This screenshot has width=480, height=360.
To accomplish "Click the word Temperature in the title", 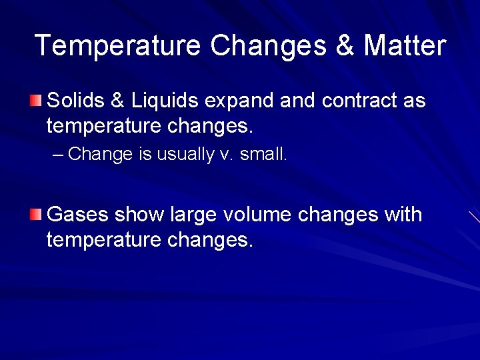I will click(x=117, y=45).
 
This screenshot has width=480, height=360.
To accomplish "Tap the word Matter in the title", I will click(x=405, y=45).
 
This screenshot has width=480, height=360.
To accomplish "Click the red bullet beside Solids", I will click(x=36, y=101).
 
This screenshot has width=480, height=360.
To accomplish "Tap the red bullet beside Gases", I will click(x=36, y=214).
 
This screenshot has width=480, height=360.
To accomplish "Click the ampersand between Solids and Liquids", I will click(x=117, y=101).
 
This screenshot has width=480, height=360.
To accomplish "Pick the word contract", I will click(x=359, y=101).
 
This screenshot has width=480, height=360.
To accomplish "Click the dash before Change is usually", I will click(x=58, y=155).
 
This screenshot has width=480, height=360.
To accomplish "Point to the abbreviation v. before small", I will click(x=226, y=155).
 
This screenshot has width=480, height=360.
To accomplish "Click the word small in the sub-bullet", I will click(x=263, y=155).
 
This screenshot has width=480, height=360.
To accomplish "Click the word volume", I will click(x=258, y=215).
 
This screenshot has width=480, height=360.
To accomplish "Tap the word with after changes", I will click(x=403, y=215).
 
